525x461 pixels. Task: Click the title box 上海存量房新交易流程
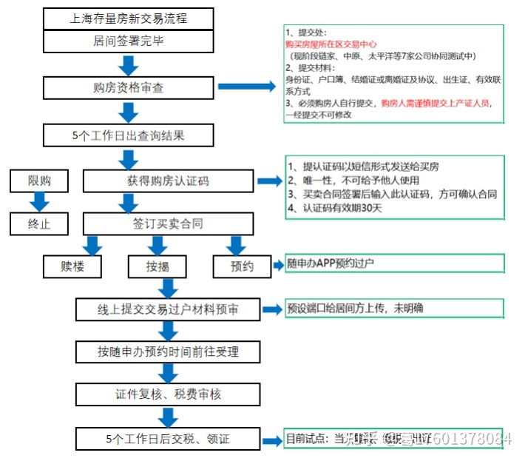click(x=129, y=18)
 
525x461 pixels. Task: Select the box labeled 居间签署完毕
click(x=129, y=41)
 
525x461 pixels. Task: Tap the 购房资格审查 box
click(x=129, y=88)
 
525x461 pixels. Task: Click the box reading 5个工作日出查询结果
click(x=129, y=136)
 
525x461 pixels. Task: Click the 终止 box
click(x=39, y=223)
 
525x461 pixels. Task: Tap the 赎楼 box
click(x=82, y=266)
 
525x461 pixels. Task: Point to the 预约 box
click(x=242, y=266)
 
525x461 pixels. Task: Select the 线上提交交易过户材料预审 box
click(x=168, y=309)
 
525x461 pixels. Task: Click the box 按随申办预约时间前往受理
click(x=168, y=351)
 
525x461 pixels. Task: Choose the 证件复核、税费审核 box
click(x=168, y=394)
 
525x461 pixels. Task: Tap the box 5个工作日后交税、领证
click(x=168, y=439)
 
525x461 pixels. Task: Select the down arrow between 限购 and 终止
click(x=39, y=201)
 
